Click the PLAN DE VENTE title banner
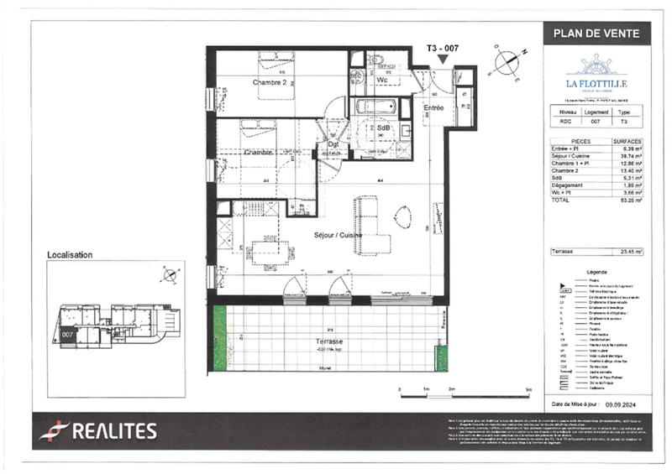click(596, 34)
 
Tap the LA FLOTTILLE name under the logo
click(596, 85)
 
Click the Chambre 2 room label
click(270, 83)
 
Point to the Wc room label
click(382, 81)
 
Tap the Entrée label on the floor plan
click(433, 108)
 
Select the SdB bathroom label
click(384, 127)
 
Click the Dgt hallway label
click(333, 144)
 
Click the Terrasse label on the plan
click(330, 342)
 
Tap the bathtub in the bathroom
click(375, 107)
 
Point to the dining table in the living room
click(267, 249)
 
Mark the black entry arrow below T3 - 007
click(443, 59)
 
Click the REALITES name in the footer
click(113, 431)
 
